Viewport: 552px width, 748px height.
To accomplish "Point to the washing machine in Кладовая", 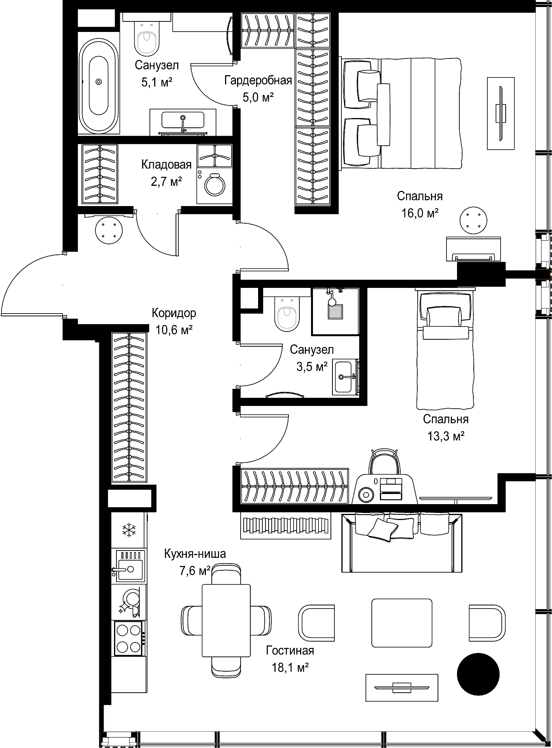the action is click(214, 186).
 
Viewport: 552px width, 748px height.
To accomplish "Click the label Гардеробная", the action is click(258, 80).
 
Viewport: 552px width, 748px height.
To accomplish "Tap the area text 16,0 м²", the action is click(420, 213).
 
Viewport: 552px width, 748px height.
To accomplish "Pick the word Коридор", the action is click(174, 313).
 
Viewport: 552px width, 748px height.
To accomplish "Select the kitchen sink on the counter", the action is click(129, 566).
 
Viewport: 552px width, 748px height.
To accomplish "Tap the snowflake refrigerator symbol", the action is click(129, 530).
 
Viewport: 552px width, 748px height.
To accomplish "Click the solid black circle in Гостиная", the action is click(478, 674).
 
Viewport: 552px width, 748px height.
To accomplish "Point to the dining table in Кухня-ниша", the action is click(226, 621).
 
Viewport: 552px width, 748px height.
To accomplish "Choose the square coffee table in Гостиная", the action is click(401, 623).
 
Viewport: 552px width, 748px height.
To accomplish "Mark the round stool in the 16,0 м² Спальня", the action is click(473, 221).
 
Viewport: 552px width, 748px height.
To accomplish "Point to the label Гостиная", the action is click(290, 650).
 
